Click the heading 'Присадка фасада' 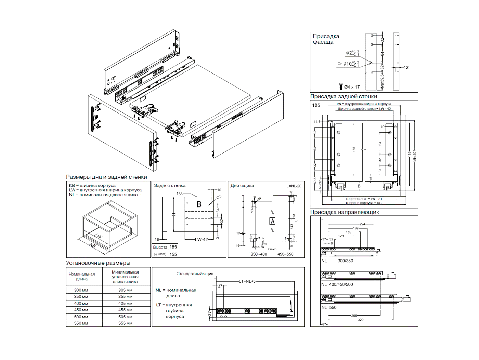pyautogui.click(x=326, y=39)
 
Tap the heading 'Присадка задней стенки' pyautogui.click(x=344, y=96)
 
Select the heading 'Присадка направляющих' pyautogui.click(x=345, y=212)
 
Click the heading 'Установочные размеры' pyautogui.click(x=98, y=263)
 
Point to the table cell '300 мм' pyautogui.click(x=81, y=290)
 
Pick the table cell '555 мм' pyautogui.click(x=125, y=323)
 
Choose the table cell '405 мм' pyautogui.click(x=125, y=303)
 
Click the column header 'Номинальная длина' pyautogui.click(x=81, y=276)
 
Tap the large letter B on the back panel pyautogui.click(x=199, y=204)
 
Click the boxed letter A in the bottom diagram pyautogui.click(x=272, y=221)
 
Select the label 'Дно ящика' pyautogui.click(x=242, y=186)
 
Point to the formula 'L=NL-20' pyautogui.click(x=294, y=186)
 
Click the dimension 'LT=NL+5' pyautogui.click(x=247, y=281)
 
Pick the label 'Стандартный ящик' pyautogui.click(x=195, y=274)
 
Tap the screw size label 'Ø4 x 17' pyautogui.click(x=352, y=87)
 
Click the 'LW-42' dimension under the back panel pyautogui.click(x=202, y=240)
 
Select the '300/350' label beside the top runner pyautogui.click(x=345, y=261)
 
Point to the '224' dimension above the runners pyautogui.click(x=362, y=224)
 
